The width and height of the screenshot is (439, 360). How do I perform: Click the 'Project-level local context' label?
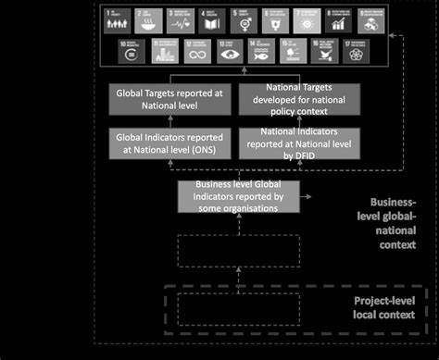point(383,307)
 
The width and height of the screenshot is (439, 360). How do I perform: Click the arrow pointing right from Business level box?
point(307,197)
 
